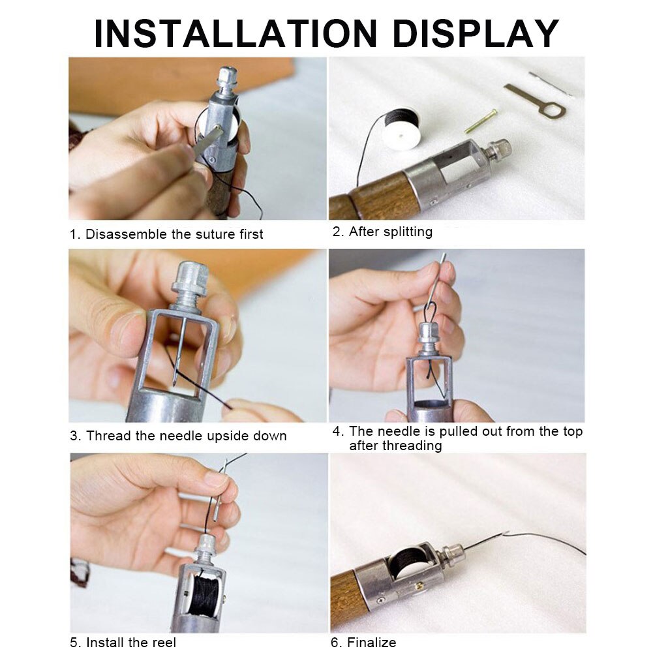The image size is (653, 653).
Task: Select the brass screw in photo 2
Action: coord(481,122)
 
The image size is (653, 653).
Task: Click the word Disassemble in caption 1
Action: coord(127,234)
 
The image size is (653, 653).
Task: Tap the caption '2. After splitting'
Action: coord(383,232)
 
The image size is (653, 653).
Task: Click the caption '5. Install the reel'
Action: coord(123,643)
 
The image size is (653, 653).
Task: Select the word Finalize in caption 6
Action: coord(371,643)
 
